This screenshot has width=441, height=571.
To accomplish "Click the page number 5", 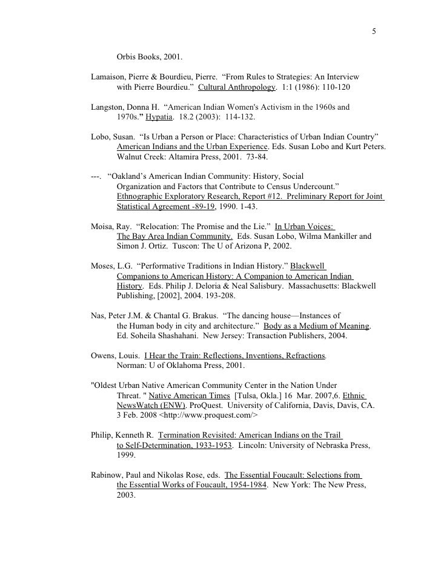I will [x=374, y=32].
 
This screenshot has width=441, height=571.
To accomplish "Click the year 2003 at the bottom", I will [x=127, y=494].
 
